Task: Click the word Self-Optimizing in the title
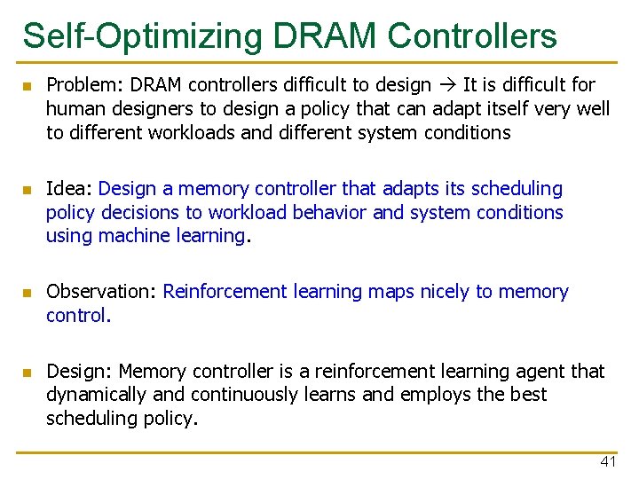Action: click(142, 36)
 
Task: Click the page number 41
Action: click(608, 461)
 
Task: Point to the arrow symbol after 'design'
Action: click(446, 86)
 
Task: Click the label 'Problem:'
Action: click(82, 85)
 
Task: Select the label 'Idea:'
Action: click(69, 189)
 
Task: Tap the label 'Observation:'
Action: click(102, 292)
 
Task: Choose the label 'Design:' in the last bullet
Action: click(79, 371)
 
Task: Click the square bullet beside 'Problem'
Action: click(28, 86)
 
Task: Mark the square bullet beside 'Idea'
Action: click(28, 190)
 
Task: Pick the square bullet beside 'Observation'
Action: click(28, 293)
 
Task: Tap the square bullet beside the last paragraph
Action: click(28, 372)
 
